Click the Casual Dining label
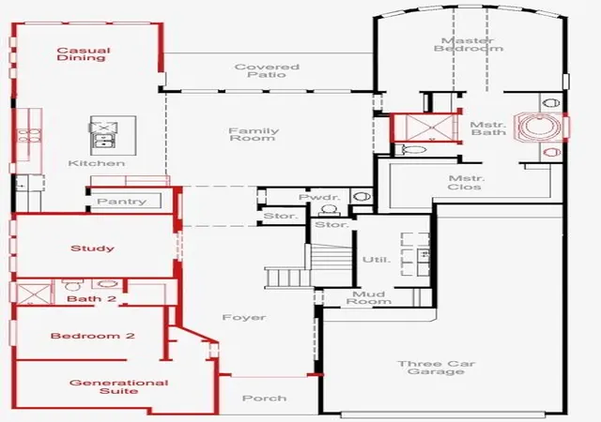(x=84, y=54)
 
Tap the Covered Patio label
(x=267, y=70)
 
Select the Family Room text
(x=254, y=134)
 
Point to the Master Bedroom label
(x=469, y=44)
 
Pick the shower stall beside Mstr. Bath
(x=424, y=128)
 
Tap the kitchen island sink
(x=103, y=141)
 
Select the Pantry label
(x=121, y=201)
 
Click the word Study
(x=92, y=249)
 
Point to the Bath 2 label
(x=91, y=299)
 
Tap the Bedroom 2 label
(x=92, y=336)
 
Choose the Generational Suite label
(x=119, y=386)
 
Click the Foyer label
(x=244, y=318)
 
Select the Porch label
(x=265, y=399)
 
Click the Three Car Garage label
(x=436, y=368)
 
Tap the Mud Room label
(x=369, y=297)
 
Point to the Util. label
(x=377, y=259)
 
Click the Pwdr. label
(x=319, y=197)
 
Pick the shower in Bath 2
(x=33, y=294)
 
